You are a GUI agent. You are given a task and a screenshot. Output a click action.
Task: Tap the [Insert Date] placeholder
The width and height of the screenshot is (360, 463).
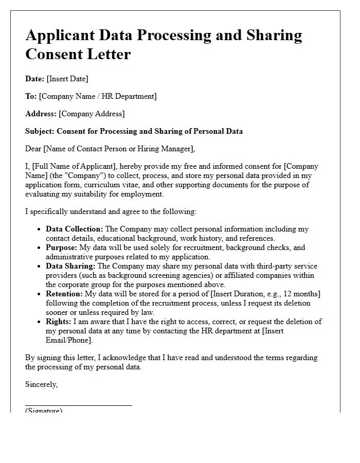(67, 79)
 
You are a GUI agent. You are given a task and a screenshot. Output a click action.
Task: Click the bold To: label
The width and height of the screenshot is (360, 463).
(31, 96)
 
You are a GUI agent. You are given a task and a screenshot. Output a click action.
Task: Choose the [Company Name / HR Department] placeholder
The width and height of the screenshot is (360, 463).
(98, 96)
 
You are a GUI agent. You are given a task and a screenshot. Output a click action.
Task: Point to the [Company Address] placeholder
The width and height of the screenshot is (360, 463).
(92, 114)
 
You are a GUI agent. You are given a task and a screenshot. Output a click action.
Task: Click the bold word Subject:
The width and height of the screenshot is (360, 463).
(40, 131)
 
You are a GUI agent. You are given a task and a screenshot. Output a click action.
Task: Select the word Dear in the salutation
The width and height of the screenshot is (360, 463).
(33, 149)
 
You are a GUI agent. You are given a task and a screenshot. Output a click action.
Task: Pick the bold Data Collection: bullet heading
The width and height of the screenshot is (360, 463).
(74, 229)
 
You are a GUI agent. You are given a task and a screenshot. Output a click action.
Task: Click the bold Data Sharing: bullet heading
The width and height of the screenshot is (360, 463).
(70, 266)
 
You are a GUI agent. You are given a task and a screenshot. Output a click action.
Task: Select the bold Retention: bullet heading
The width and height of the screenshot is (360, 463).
(64, 294)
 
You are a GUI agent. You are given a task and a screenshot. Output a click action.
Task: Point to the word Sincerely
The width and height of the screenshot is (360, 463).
(41, 384)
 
